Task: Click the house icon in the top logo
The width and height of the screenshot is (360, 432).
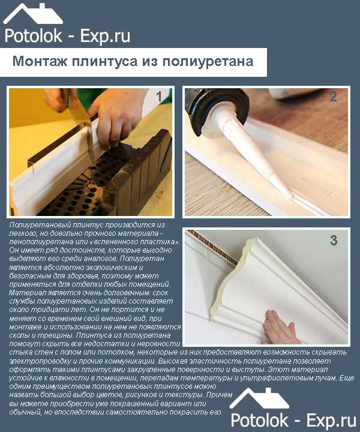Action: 33,14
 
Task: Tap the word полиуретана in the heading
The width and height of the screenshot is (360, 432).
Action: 208,61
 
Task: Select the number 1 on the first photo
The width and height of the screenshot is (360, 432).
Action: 159,97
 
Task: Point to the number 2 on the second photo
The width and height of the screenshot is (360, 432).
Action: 333,97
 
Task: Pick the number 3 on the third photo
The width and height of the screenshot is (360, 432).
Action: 334,240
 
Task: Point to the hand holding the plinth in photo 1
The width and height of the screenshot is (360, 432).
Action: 116,116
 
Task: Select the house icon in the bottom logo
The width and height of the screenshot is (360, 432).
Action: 259,398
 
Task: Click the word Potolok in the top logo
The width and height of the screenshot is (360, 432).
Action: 33,36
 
